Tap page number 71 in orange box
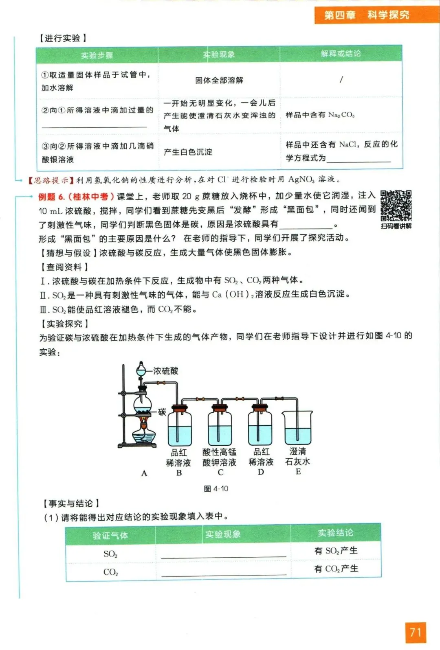click(x=415, y=632)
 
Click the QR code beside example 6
click(x=396, y=206)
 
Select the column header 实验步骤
click(x=97, y=55)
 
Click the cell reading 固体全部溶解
click(x=219, y=80)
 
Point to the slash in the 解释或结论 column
click(x=341, y=79)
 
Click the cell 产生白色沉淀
click(x=188, y=152)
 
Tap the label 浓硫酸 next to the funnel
click(x=165, y=371)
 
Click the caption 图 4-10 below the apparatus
click(x=216, y=488)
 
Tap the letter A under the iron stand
click(x=144, y=473)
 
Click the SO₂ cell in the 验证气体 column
click(x=110, y=554)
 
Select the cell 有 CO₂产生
click(x=336, y=569)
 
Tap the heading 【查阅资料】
click(x=64, y=267)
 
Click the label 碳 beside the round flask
click(x=162, y=412)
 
